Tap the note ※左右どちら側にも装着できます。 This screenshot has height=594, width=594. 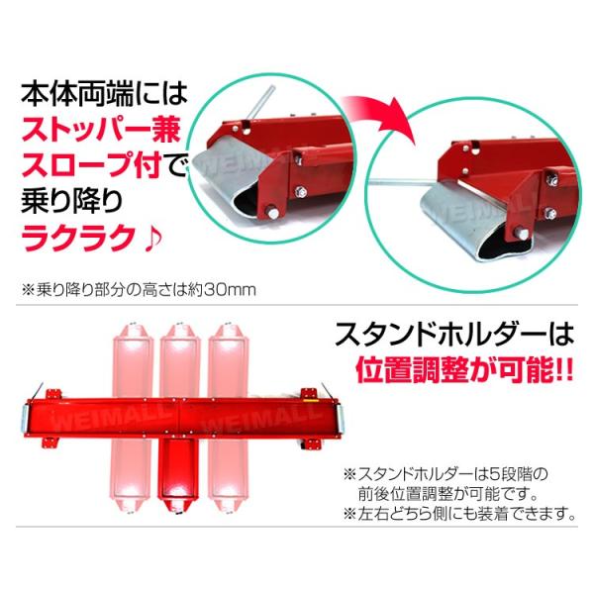(459, 513)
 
